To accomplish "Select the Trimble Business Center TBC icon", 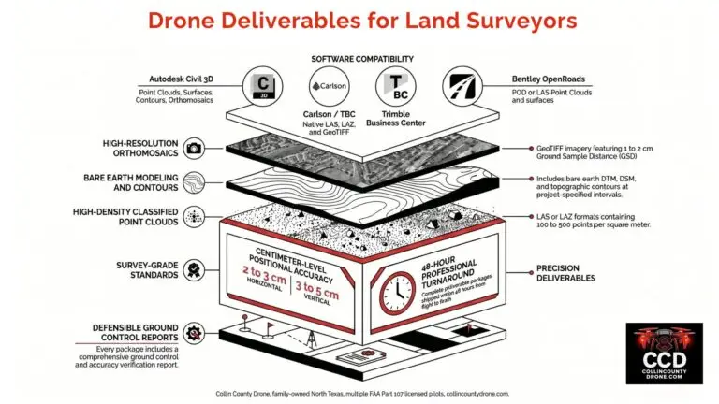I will tap(394, 85).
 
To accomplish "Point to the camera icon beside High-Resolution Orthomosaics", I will tap(195, 148).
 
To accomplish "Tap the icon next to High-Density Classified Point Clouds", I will tap(195, 215).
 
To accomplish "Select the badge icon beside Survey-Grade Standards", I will tap(195, 269).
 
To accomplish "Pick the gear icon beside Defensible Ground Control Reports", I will tap(195, 331).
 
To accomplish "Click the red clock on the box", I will tap(398, 292).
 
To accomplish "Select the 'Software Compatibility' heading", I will tap(359, 58).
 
